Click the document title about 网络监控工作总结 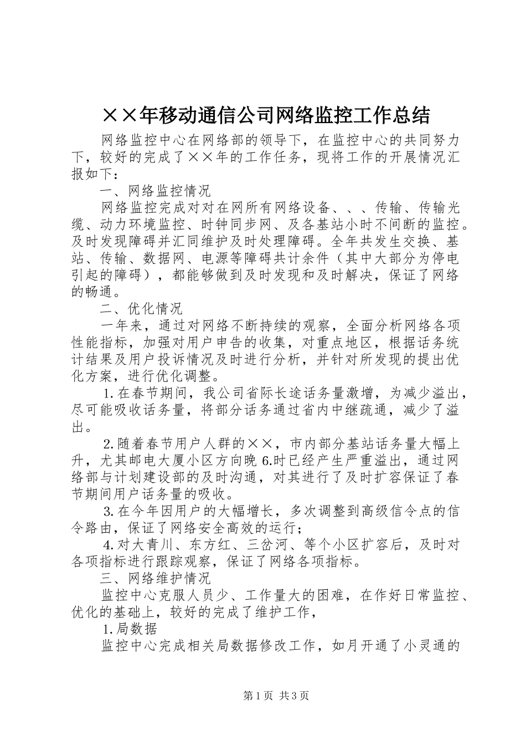coord(266,115)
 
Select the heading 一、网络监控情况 coord(156,191)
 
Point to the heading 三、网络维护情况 coord(156,579)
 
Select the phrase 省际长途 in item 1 coord(275,394)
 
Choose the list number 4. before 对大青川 coord(109,545)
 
